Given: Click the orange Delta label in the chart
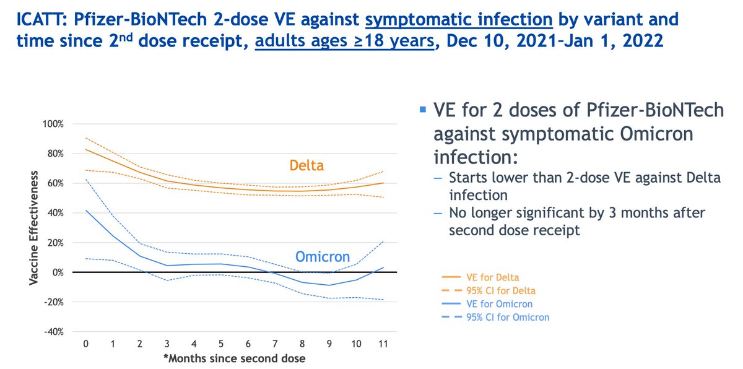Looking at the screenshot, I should (x=306, y=166).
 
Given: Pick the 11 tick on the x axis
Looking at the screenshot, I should (x=383, y=344).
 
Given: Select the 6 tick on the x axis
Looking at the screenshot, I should (x=248, y=344).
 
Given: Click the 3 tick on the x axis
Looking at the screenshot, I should (x=167, y=344).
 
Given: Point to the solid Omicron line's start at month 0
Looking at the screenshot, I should (x=85, y=211).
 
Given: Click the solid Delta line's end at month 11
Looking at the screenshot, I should (x=383, y=183).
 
